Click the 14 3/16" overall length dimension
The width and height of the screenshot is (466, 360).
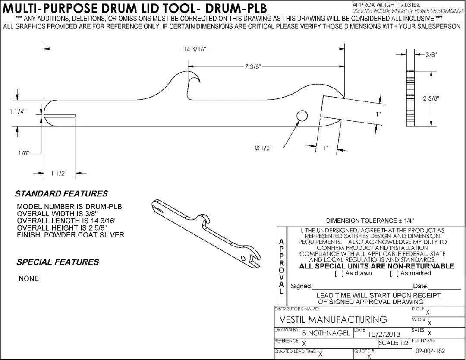pyautogui.click(x=195, y=49)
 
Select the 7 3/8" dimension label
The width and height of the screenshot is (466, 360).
pyautogui.click(x=252, y=66)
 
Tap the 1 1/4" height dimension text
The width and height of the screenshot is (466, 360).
pyautogui.click(x=18, y=112)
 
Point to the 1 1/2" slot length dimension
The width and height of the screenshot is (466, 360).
pyautogui.click(x=59, y=174)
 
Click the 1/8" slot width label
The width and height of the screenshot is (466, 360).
pyautogui.click(x=23, y=153)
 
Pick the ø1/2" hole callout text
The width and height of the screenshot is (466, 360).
pyautogui.click(x=263, y=148)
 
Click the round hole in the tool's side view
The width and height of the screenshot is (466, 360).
pyautogui.click(x=302, y=116)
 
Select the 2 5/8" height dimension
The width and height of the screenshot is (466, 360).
pyautogui.click(x=431, y=98)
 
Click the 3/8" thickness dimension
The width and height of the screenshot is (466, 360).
pyautogui.click(x=431, y=54)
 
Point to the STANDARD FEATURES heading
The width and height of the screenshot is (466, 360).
pyautogui.click(x=61, y=194)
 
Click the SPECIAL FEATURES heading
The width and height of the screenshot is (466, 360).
pyautogui.click(x=58, y=262)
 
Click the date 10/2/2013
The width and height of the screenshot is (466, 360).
pyautogui.click(x=384, y=334)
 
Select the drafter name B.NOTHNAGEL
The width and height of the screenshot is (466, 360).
pyautogui.click(x=326, y=333)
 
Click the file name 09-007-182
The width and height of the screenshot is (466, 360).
pyautogui.click(x=430, y=351)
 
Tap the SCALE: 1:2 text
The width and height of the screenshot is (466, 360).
pyautogui.click(x=394, y=343)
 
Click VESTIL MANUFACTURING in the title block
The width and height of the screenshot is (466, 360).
pyautogui.click(x=334, y=319)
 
